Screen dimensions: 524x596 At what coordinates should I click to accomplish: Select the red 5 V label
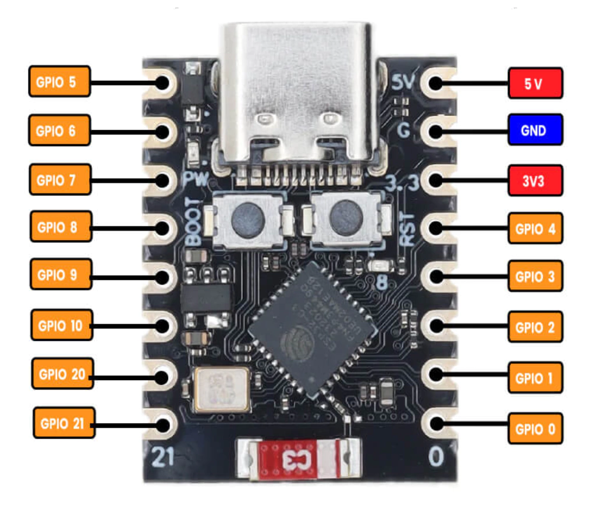click(x=535, y=84)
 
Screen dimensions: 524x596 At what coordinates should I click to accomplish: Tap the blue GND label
click(x=535, y=130)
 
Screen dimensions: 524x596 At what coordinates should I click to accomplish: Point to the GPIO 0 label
click(x=535, y=430)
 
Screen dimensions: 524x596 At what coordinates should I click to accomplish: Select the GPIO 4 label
click(x=535, y=228)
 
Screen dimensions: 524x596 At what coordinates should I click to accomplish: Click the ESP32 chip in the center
click(x=308, y=329)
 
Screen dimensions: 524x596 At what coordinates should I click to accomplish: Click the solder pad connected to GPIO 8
click(x=162, y=227)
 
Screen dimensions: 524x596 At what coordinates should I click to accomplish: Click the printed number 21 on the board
click(x=164, y=458)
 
